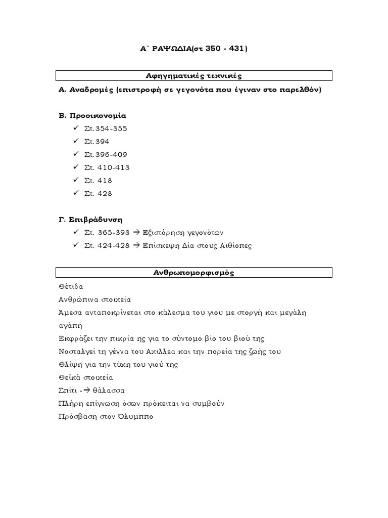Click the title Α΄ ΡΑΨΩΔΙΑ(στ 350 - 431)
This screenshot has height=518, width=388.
click(x=193, y=49)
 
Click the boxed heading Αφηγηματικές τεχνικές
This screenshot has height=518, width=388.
click(x=193, y=76)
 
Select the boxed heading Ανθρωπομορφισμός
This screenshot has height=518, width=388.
click(x=193, y=273)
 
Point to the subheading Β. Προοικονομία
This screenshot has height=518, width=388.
click(x=92, y=115)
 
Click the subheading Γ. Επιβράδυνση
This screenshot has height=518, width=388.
click(x=91, y=220)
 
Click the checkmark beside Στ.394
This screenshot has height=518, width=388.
click(x=75, y=141)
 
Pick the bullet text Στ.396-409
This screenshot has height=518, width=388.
click(x=106, y=154)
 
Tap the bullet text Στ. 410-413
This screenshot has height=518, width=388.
click(x=107, y=167)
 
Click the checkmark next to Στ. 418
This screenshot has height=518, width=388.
click(x=75, y=181)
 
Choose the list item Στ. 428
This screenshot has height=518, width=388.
click(x=98, y=193)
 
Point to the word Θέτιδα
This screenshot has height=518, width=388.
click(x=71, y=286)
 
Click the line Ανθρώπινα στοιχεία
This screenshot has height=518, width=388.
click(x=95, y=299)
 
